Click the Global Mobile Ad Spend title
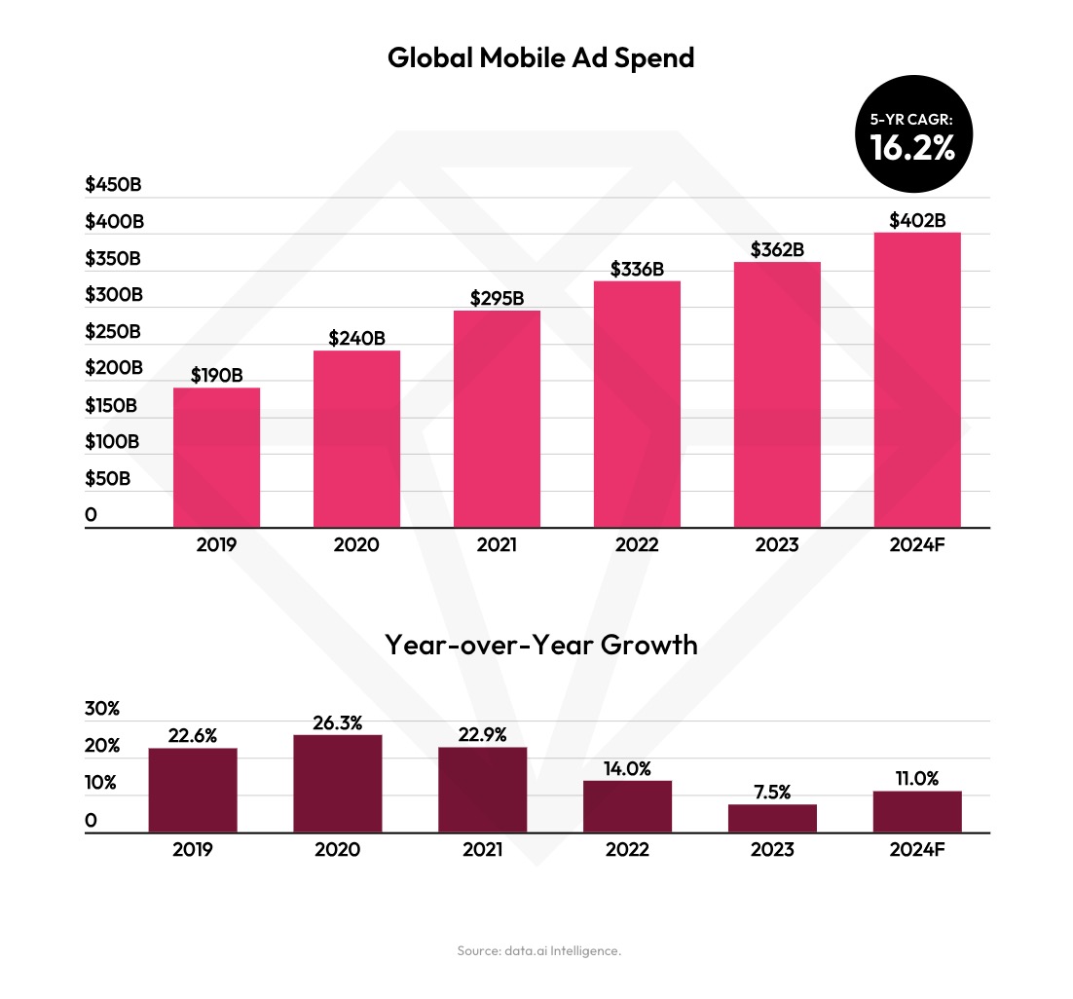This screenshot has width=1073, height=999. [x=540, y=58]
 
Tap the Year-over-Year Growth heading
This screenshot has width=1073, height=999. [x=540, y=645]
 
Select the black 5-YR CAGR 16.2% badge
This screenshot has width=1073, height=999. [x=912, y=136]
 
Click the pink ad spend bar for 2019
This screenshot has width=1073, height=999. [x=216, y=458]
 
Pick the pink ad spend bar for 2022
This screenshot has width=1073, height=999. [x=637, y=404]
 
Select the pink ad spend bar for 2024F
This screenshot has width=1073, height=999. [x=917, y=380]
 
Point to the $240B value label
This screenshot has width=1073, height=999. [x=356, y=339]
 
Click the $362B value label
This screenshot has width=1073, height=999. [x=777, y=250]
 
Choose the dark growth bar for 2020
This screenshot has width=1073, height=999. [x=338, y=784]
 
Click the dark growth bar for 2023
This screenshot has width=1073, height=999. [x=772, y=818]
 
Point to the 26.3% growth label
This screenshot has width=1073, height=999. [x=338, y=723]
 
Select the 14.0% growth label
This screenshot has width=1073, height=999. [x=627, y=768]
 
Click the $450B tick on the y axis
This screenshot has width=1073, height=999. [x=113, y=185]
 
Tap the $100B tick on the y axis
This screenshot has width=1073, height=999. [x=113, y=442]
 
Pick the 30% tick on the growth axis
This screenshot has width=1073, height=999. [x=101, y=709]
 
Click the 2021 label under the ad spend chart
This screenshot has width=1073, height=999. [x=497, y=545]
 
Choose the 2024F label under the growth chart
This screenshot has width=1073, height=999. [x=917, y=850]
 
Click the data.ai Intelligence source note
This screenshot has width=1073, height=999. [x=538, y=950]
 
